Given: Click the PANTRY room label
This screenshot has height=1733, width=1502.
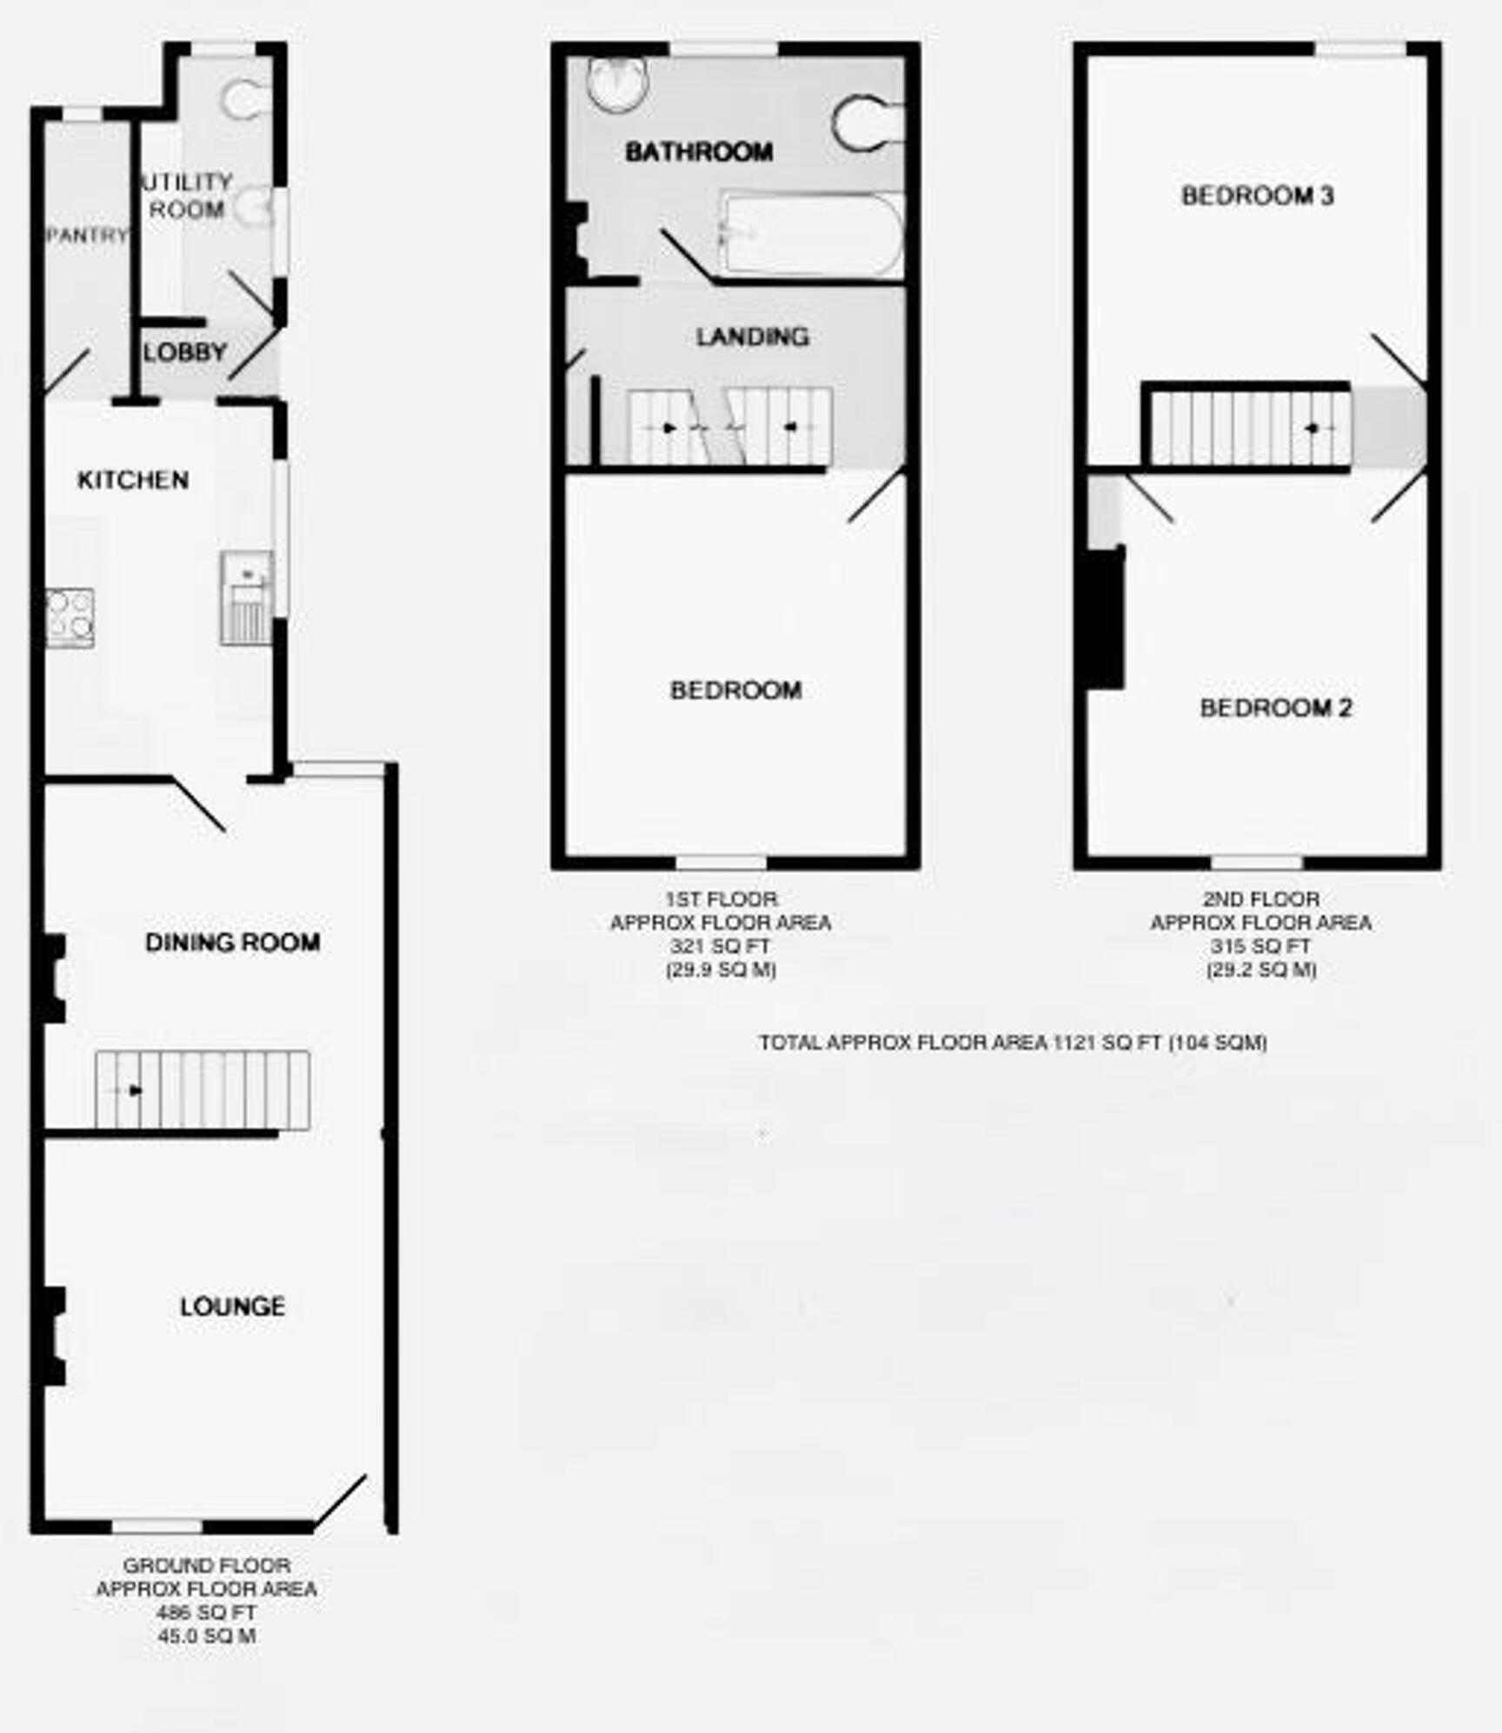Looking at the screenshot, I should click(87, 235).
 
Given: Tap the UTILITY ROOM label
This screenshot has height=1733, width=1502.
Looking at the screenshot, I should click(186, 196).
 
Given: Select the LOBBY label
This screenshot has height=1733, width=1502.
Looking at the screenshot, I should click(184, 352).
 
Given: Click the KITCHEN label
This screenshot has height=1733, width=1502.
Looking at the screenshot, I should click(133, 480).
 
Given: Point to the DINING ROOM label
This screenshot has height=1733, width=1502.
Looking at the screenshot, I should click(232, 943).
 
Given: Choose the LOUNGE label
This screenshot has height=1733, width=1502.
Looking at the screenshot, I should click(232, 1306).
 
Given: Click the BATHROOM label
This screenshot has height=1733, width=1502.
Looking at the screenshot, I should click(699, 152).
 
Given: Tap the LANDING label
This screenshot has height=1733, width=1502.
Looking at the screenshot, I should click(752, 337).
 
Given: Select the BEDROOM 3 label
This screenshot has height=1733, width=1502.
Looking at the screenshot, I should click(1257, 196).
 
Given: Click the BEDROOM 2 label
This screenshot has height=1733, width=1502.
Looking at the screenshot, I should click(1275, 708).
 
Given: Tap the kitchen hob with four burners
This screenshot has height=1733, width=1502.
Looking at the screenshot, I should click(70, 617).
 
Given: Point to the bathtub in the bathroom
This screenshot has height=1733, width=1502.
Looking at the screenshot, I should click(812, 235).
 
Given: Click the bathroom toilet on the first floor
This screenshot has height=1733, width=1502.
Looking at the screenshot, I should click(866, 122).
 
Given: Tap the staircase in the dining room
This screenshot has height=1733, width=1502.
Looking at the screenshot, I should click(203, 1090).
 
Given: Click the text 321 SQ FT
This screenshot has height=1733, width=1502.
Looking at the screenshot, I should click(721, 946).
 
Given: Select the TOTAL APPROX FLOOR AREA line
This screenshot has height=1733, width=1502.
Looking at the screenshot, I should click(1013, 1042).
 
